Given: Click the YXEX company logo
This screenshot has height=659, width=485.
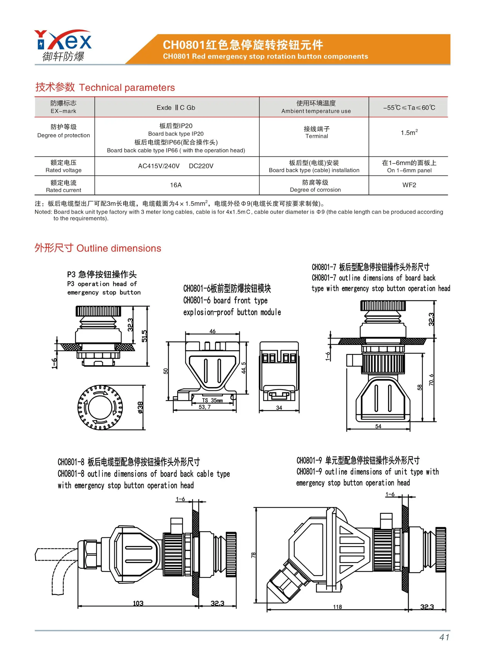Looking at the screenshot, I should [63, 46].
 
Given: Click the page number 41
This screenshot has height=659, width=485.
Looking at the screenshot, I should [444, 637].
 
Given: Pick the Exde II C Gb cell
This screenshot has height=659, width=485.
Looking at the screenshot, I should [176, 108].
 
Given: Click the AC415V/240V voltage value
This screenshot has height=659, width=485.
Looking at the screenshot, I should [159, 166].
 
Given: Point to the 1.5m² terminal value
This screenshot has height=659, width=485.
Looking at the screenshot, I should [409, 133].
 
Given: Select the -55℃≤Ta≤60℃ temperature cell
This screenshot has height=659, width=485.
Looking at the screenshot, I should [409, 108].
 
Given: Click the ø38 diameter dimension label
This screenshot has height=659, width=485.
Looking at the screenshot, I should [140, 408].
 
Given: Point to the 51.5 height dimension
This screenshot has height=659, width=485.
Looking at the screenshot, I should [145, 336].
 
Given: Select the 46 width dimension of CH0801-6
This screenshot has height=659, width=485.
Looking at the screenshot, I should [212, 331].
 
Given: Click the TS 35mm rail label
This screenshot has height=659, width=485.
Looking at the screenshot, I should [212, 400].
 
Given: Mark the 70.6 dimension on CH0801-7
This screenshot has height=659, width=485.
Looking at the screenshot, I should [431, 380].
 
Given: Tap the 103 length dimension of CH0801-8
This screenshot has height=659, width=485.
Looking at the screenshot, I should [138, 603].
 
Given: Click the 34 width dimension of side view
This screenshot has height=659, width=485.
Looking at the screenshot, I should [279, 408].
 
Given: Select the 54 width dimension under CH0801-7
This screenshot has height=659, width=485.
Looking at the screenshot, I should [378, 426].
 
